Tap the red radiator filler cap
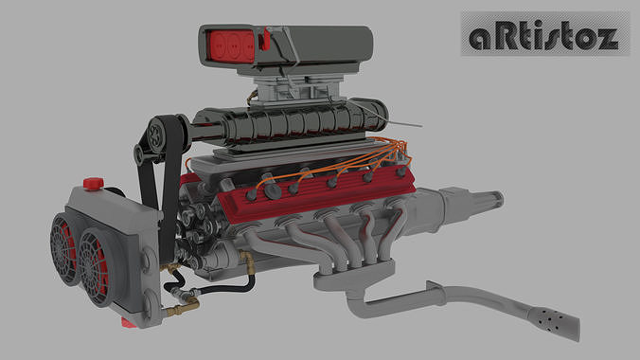tap(93, 183)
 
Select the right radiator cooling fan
tap(99, 266)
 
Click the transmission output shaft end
tap(495, 199)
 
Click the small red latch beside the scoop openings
tap(266, 41)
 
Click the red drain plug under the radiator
tap(126, 322)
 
